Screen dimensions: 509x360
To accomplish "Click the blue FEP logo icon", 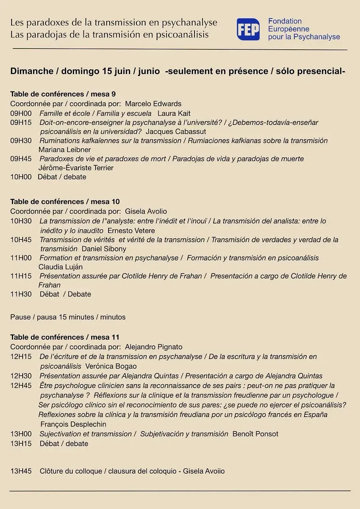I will tap(248, 29).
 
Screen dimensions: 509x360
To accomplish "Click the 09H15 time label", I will tap(21, 122).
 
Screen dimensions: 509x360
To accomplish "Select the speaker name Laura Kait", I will tap(174, 113).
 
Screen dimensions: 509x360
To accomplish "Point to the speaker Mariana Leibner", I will tap(64, 150).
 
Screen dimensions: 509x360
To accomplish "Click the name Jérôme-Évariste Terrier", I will tap(76, 168).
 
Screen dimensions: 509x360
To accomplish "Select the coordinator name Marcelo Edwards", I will tap(153, 104).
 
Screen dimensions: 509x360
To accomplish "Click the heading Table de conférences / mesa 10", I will tap(65, 202).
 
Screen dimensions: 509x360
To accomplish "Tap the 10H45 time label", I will tap(21, 240).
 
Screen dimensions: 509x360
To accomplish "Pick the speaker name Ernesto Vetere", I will tap(131, 231).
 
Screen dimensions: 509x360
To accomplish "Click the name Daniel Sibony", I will tap(104, 249).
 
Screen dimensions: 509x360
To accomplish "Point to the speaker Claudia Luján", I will tap(60, 267).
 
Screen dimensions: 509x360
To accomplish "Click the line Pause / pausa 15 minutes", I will tap(68, 317).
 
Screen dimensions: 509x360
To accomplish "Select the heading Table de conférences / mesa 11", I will tap(65, 337).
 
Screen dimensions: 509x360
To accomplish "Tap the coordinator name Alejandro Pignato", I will tap(154, 347).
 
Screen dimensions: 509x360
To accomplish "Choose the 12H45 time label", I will tap(21, 385).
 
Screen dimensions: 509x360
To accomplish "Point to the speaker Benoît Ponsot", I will tap(255, 434).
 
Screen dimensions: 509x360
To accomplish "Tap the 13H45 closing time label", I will tap(21, 471).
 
